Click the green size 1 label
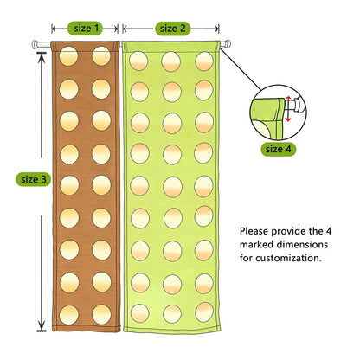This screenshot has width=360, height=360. click(85, 29)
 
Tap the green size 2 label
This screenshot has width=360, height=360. click(173, 29)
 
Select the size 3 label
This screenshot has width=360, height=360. click(34, 179)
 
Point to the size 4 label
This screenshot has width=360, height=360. click(279, 149)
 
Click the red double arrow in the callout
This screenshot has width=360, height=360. click(288, 109)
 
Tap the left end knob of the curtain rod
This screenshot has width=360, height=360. click(35, 44)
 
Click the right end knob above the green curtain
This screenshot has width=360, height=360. click(227, 43)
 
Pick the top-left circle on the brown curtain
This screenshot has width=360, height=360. click(68, 56)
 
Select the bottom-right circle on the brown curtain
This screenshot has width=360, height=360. click(101, 314)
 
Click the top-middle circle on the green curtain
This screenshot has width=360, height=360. click(171, 61)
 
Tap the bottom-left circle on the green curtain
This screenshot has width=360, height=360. click(140, 313)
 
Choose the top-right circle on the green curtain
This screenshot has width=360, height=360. click(204, 61)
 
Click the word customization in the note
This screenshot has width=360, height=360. click(288, 258)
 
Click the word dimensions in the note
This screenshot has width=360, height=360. click(302, 245)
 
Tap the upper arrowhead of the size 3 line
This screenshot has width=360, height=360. click(42, 57)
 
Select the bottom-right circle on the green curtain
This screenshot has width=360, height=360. click(204, 312)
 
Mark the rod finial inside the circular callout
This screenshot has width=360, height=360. click(296, 105)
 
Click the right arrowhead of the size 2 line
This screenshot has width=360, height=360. click(215, 29)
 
